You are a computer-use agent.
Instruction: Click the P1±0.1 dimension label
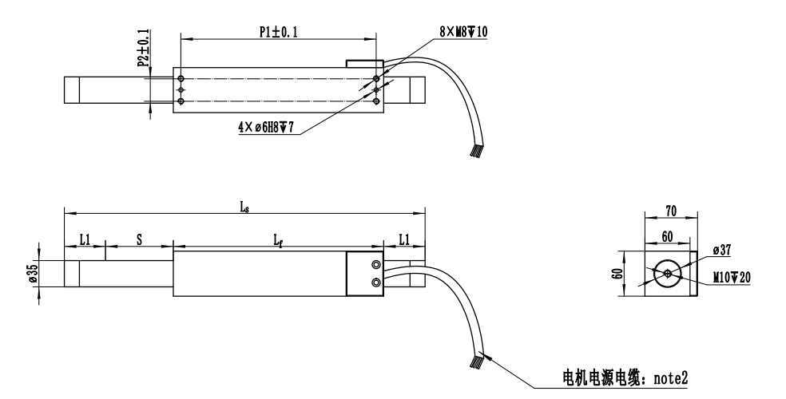[x=277, y=31]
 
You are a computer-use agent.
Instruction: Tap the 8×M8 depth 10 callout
[x=464, y=31]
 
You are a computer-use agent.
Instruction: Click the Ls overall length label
[x=244, y=207]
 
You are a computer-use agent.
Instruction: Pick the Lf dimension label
[x=277, y=239]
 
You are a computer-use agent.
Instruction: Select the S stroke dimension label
[x=139, y=239]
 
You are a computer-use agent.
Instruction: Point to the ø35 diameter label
[x=33, y=274]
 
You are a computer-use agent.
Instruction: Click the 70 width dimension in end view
[x=670, y=212]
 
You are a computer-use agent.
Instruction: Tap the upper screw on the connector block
[x=375, y=265]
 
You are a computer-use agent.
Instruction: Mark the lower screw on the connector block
[x=375, y=282]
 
